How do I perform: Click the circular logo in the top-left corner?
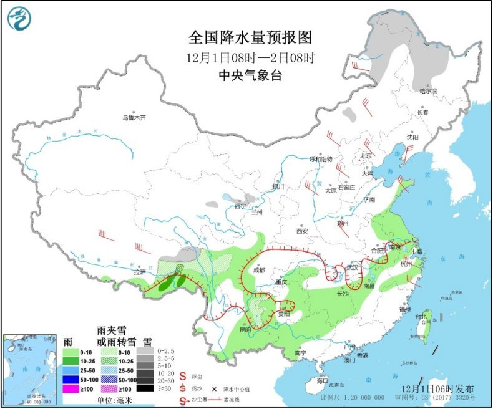tap(19, 19)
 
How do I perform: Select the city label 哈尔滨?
tap(428, 92)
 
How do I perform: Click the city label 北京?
tap(366, 156)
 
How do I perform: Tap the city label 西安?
tap(303, 231)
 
